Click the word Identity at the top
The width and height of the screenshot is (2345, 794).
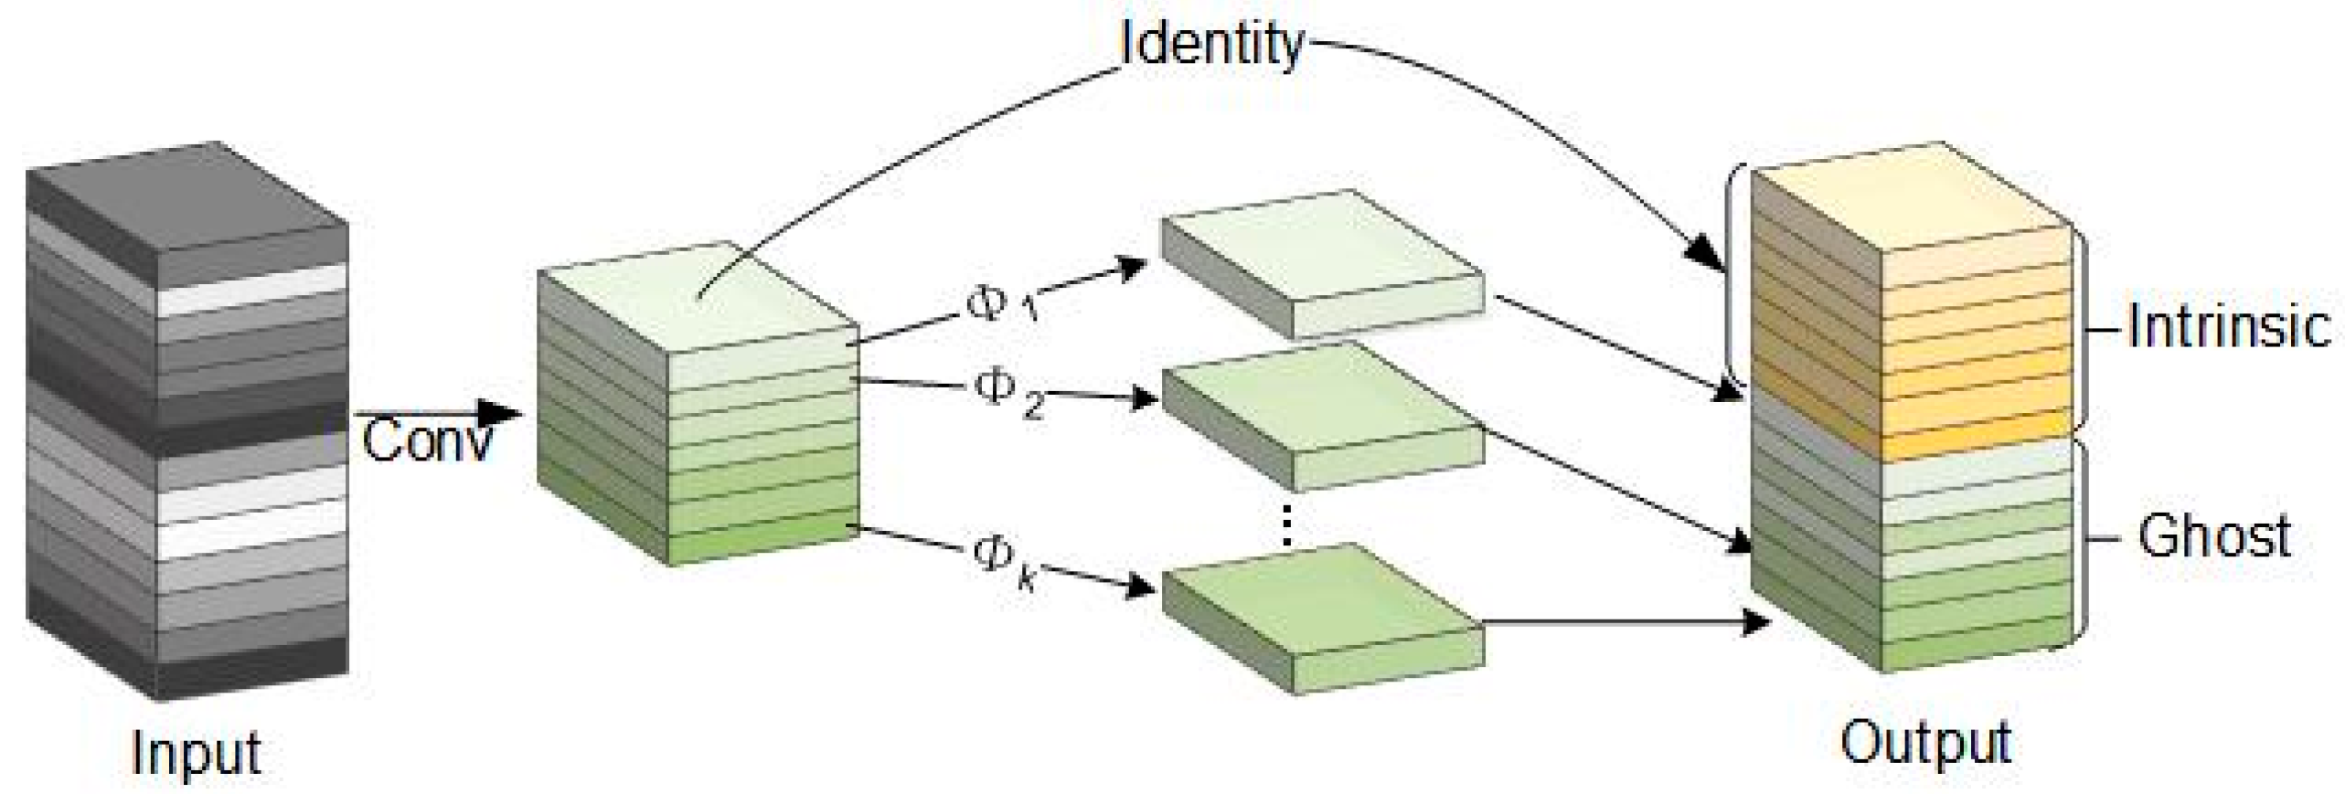point(1211,44)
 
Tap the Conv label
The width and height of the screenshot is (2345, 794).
point(427,440)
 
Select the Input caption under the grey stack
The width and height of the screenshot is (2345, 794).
point(196,752)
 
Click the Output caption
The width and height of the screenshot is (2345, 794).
point(1925,742)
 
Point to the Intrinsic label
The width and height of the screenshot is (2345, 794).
point(2229,327)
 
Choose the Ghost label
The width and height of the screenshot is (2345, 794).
point(2214,537)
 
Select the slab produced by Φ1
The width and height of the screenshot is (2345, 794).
point(1321,265)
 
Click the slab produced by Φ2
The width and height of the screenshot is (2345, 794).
point(1321,416)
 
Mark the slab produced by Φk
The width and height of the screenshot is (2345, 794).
point(1321,617)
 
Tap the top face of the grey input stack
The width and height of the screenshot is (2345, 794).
point(187,210)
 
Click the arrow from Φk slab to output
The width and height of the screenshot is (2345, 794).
point(1618,623)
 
